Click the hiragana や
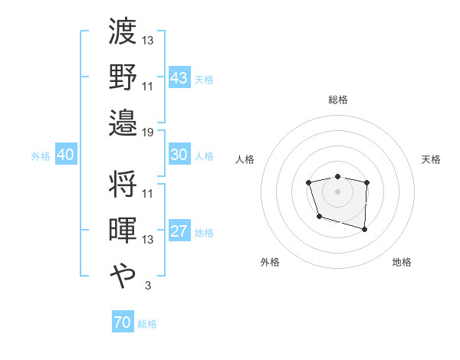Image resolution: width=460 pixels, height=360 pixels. (123, 274)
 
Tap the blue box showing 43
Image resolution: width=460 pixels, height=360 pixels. (179, 78)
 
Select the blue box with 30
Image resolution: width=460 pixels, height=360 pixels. (179, 155)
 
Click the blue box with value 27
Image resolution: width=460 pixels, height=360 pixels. (179, 232)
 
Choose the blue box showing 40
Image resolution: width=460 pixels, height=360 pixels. (65, 155)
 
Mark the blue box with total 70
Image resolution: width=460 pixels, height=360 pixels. (122, 322)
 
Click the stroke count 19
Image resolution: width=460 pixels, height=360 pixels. (149, 133)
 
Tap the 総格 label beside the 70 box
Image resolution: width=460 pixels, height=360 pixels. (147, 324)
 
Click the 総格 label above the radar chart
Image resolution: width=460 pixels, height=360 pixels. (337, 100)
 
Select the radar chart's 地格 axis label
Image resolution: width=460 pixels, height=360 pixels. (402, 262)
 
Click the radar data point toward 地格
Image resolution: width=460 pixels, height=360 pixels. (364, 229)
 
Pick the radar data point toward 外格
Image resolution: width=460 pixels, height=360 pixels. (318, 217)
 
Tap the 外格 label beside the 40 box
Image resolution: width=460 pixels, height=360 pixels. (41, 156)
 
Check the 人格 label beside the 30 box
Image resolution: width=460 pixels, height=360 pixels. (204, 156)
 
